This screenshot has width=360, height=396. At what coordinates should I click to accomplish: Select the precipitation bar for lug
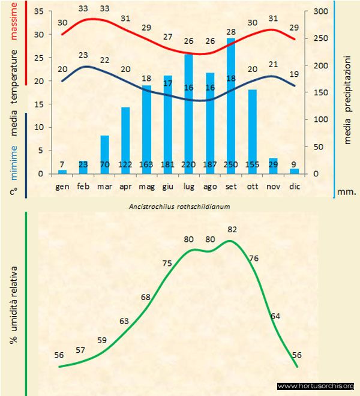189,114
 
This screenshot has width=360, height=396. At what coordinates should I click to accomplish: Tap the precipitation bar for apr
125,140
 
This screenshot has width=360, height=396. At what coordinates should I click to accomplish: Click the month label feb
83,187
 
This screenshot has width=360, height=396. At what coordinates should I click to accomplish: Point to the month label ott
252,187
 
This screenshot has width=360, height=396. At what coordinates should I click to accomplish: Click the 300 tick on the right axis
322,12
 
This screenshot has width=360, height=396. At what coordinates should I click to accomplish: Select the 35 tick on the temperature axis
40,12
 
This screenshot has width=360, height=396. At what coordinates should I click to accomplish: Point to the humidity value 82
232,229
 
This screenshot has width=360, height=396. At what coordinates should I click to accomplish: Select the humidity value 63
124,322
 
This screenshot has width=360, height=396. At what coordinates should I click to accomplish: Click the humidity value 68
146,297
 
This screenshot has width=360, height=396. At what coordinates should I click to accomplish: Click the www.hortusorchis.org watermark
316,386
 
